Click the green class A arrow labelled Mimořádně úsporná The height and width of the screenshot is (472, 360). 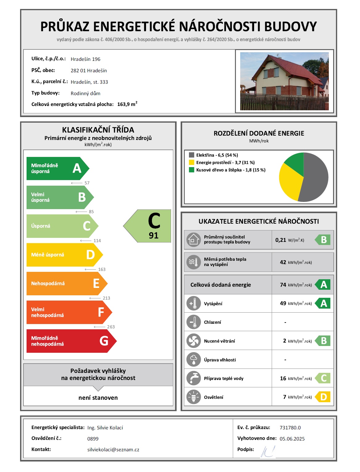coord(57,169)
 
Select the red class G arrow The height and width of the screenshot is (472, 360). coord(71,341)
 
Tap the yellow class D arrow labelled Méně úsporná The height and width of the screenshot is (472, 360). coord(64,255)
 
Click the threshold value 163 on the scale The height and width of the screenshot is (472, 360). coord(102,269)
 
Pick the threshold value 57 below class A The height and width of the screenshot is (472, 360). coord(87,183)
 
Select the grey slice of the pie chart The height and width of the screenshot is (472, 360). coord(315,179)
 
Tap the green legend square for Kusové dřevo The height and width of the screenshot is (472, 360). coord(191,170)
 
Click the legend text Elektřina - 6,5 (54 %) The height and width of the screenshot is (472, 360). coord(217,155)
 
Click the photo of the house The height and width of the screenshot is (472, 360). coord(284,81)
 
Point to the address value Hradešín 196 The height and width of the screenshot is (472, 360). coord(86,59)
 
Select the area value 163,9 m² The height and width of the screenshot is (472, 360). coord(127,104)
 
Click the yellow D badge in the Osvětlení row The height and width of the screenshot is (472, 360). coord(323,397)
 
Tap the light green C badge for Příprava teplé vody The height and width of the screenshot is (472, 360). coord(323,378)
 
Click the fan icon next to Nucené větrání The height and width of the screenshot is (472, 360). coord(194,341)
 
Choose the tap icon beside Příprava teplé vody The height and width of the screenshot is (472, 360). coord(194,378)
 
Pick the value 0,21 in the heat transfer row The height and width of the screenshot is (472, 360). coord(281,240)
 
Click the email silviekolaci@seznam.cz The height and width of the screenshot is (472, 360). coord(113,450)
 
